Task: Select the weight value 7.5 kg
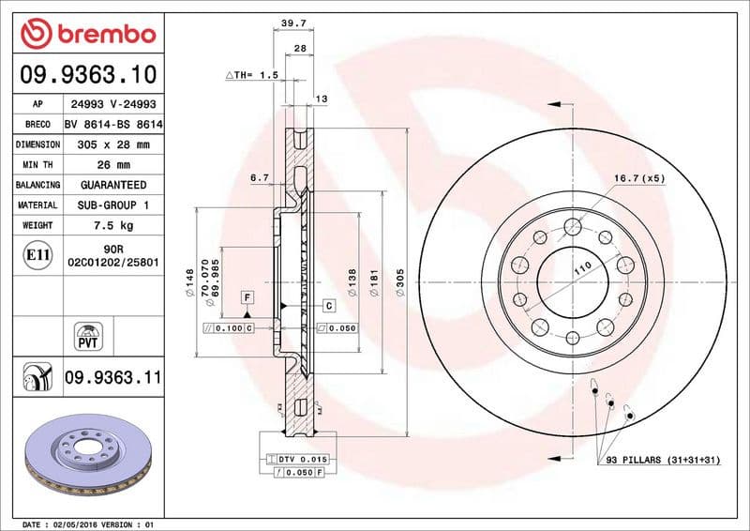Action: click(112, 225)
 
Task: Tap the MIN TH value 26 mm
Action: click(112, 165)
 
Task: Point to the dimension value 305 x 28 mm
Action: click(112, 144)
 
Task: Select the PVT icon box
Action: click(87, 335)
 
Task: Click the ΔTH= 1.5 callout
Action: click(252, 74)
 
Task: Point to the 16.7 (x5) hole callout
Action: click(639, 177)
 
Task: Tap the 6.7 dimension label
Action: click(260, 176)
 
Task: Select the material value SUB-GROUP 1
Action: click(112, 205)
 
